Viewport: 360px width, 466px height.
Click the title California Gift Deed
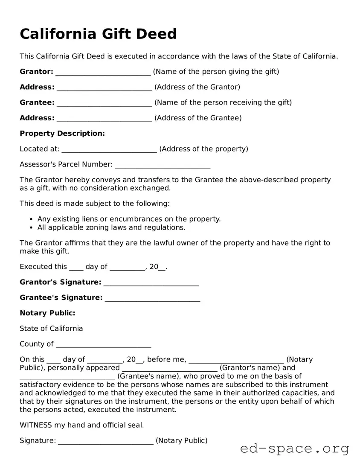[98, 34]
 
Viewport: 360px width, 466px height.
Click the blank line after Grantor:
[103, 72]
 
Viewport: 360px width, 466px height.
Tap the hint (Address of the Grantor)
[197, 87]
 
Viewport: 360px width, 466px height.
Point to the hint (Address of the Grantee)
[198, 118]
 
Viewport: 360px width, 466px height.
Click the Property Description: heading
[62, 134]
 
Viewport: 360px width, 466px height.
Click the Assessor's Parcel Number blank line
[163, 165]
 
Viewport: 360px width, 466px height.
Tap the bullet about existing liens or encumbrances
[129, 219]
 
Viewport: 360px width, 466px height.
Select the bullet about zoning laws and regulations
[111, 227]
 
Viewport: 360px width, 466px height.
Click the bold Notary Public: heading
[47, 313]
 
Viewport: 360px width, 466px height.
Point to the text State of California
[51, 329]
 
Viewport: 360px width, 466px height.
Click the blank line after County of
[103, 345]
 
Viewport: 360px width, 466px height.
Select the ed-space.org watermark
[294, 449]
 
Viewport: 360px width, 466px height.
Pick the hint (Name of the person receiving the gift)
[223, 102]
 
